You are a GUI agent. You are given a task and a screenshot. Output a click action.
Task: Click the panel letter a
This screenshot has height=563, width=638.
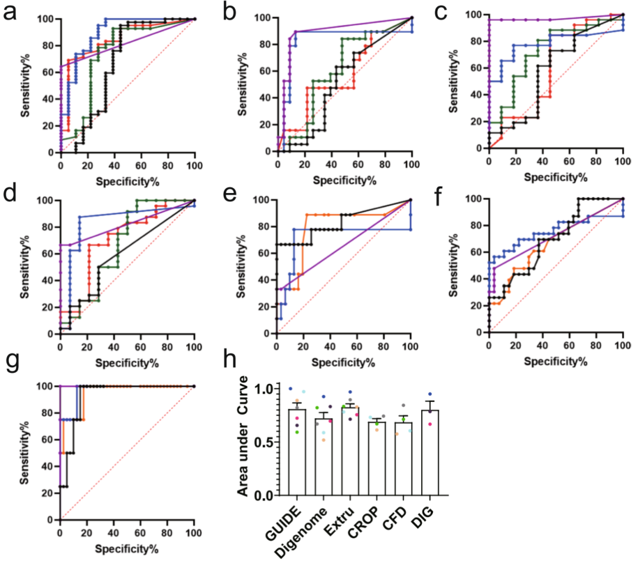pos(10,12)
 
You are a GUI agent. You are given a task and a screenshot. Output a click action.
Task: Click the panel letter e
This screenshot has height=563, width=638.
pos(228,194)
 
